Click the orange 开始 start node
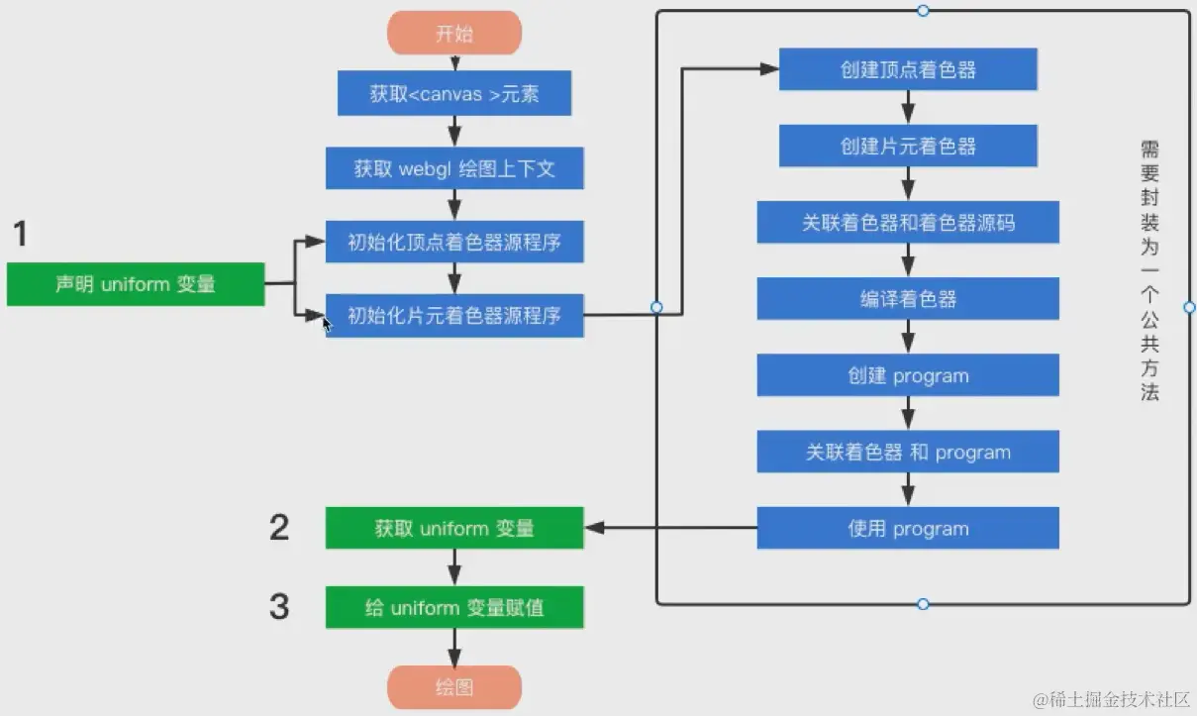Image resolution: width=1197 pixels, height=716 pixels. pyautogui.click(x=454, y=34)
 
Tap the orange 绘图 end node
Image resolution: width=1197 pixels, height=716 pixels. pyautogui.click(x=454, y=687)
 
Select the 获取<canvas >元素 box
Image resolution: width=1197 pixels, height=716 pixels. pyautogui.click(x=454, y=94)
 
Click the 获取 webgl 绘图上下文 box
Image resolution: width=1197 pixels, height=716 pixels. pyautogui.click(x=454, y=168)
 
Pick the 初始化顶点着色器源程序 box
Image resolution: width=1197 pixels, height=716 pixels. pyautogui.click(x=454, y=242)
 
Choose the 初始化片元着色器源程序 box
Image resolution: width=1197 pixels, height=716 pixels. pyautogui.click(x=454, y=316)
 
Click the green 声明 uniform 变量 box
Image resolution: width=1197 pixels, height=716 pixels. pyautogui.click(x=136, y=284)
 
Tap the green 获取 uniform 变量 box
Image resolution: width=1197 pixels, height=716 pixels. pyautogui.click(x=454, y=528)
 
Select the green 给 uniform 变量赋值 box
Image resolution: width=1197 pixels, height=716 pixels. pyautogui.click(x=454, y=607)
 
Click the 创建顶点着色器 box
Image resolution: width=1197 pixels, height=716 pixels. pyautogui.click(x=908, y=69)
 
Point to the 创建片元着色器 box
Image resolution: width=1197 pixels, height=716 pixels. pyautogui.click(x=908, y=146)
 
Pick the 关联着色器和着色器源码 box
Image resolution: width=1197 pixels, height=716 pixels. pyautogui.click(x=908, y=223)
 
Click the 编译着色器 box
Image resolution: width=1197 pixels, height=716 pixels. pyautogui.click(x=908, y=298)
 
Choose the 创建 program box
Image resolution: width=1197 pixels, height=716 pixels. pyautogui.click(x=908, y=375)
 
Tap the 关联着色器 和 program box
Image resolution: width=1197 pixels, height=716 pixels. pyautogui.click(x=908, y=452)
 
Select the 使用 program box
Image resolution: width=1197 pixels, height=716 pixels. pyautogui.click(x=908, y=528)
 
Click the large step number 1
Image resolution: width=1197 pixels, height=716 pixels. pyautogui.click(x=20, y=235)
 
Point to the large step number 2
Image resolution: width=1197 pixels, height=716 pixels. pyautogui.click(x=279, y=528)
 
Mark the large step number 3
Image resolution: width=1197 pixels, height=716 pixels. pyautogui.click(x=279, y=606)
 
